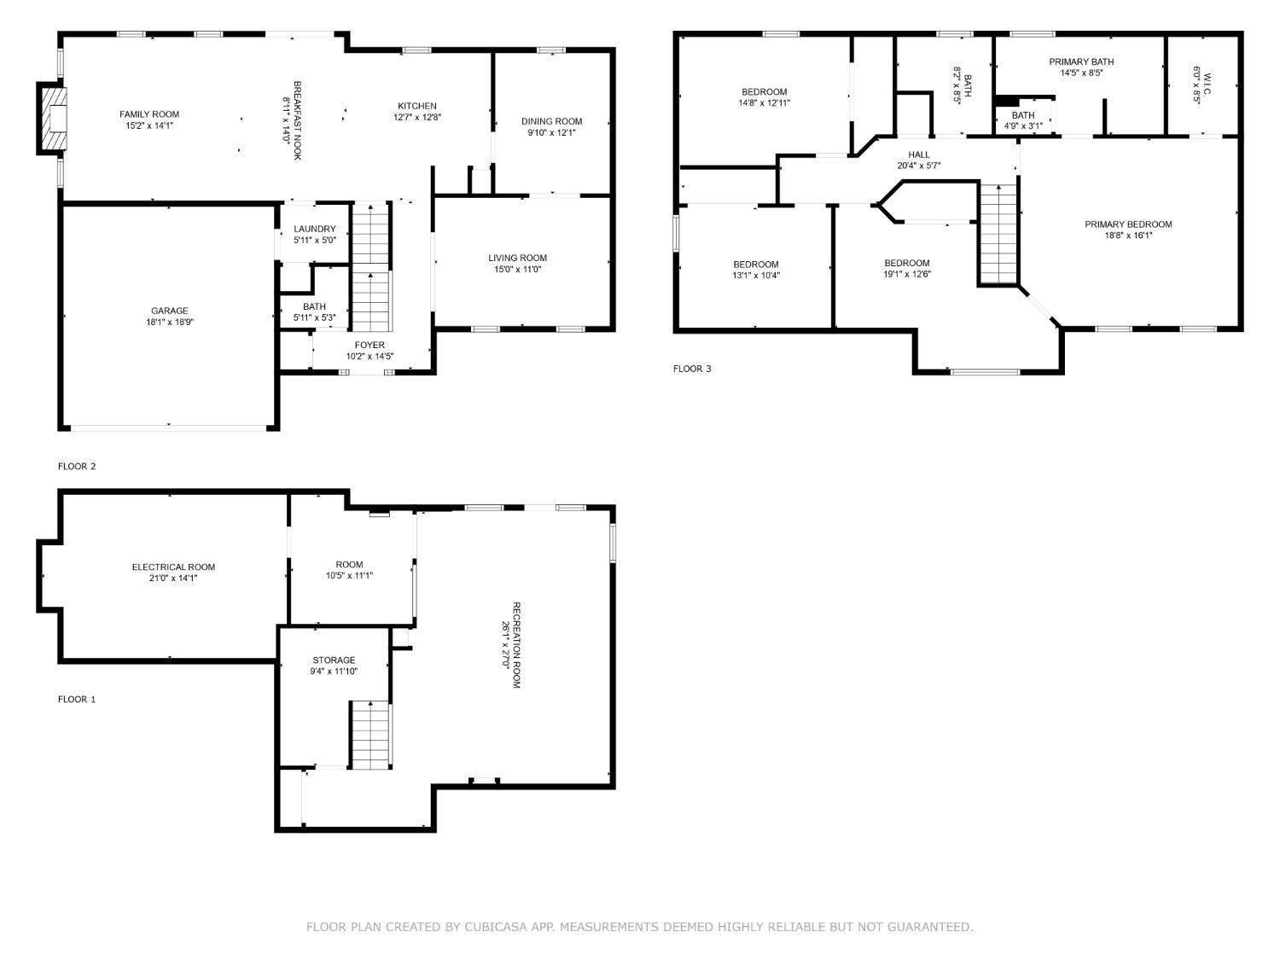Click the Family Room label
[149, 114]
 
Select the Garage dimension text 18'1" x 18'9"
[170, 323]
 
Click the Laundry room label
[314, 229]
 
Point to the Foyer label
[369, 345]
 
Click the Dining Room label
[551, 121]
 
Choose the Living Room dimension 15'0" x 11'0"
[517, 270]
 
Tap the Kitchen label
[416, 106]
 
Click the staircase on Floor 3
[998, 235]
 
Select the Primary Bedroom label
[1127, 224]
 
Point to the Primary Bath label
[1080, 61]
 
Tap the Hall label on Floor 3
[918, 154]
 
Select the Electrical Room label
[173, 567]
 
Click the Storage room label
[334, 660]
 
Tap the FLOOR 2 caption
[77, 466]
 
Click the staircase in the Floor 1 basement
[370, 734]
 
